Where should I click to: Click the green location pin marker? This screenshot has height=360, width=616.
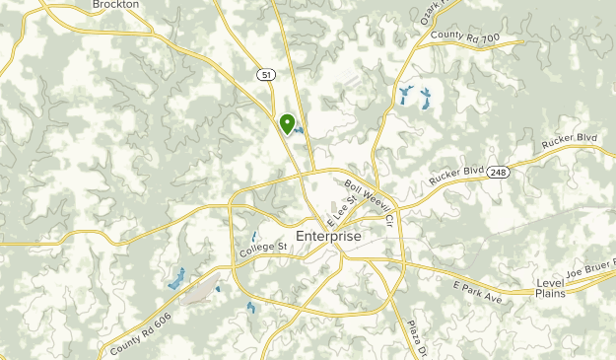click(288, 123)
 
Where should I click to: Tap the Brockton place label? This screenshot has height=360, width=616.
click(114, 5)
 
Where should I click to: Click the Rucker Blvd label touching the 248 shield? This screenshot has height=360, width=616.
click(457, 176)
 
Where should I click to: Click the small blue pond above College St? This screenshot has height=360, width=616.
click(254, 237)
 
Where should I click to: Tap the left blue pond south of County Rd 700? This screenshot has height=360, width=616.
click(404, 96)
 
